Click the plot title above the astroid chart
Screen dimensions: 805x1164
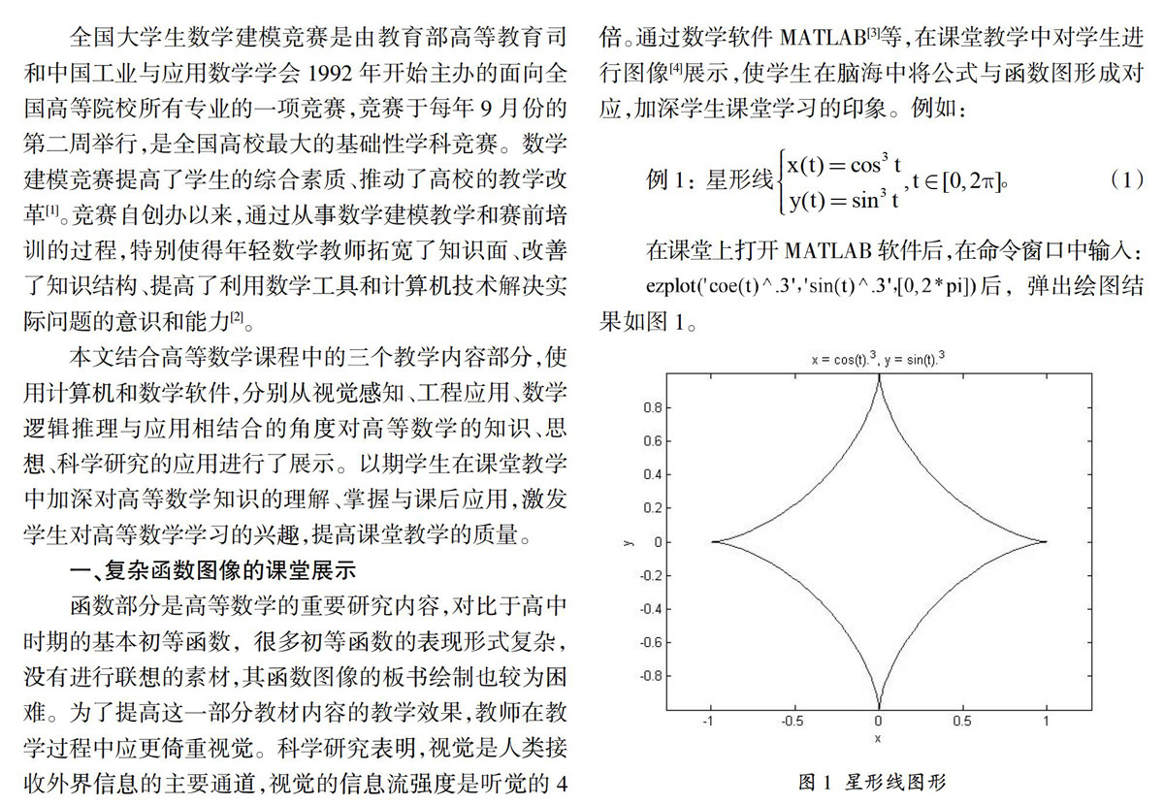point(878,359)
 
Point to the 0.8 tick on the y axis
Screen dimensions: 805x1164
point(656,408)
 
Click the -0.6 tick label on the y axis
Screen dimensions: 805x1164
point(653,642)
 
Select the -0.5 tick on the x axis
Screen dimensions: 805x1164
point(793,722)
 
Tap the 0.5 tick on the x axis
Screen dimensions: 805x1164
point(962,722)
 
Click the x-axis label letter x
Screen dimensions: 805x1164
point(877,739)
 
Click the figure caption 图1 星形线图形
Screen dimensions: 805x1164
point(871,781)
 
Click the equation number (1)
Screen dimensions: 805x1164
point(1126,180)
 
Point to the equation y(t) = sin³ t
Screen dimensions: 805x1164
point(842,200)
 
